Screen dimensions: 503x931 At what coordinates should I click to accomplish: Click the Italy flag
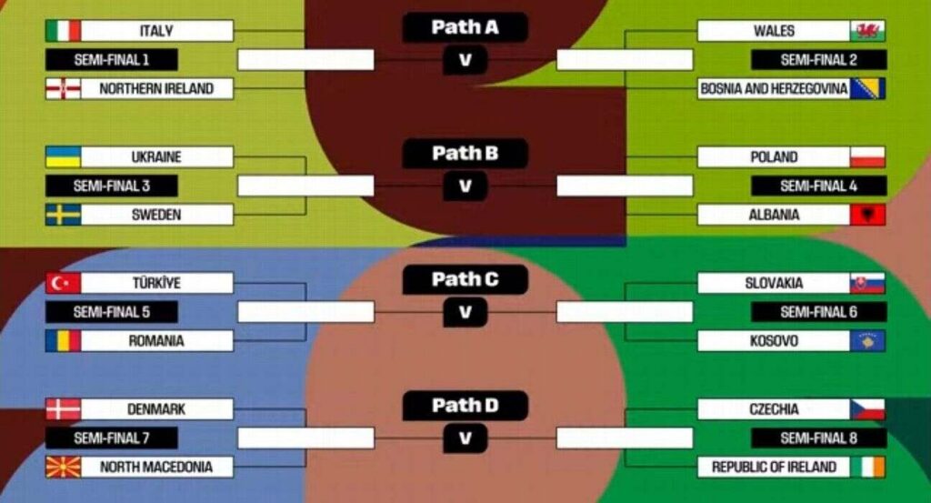(63, 31)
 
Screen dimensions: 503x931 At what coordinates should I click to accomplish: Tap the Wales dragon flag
(867, 31)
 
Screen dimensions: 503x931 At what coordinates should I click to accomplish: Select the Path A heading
(465, 27)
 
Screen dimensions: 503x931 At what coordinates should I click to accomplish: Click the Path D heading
(465, 406)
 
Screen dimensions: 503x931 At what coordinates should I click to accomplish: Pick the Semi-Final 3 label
(112, 186)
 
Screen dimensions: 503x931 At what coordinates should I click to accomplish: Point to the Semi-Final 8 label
(818, 438)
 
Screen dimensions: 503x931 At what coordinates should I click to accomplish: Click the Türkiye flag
(63, 283)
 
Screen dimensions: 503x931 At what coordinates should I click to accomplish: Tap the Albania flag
(867, 216)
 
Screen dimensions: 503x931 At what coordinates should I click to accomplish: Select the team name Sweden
(156, 216)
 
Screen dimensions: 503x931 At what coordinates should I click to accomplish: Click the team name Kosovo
(774, 341)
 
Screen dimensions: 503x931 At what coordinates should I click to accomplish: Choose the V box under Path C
(465, 313)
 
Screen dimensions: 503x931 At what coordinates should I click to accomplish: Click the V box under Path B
(465, 186)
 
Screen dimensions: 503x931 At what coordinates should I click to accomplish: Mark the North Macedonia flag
(63, 468)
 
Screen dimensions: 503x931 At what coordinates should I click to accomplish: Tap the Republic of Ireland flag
(867, 468)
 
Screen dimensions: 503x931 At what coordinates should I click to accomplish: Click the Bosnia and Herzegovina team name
(774, 89)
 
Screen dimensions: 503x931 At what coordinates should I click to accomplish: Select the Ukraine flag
(63, 157)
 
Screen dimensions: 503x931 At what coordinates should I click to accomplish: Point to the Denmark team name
(156, 409)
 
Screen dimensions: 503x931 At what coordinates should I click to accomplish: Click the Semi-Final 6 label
(818, 312)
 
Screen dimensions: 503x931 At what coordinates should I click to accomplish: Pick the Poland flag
(867, 157)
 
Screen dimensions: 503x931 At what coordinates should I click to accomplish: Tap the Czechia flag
(867, 409)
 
